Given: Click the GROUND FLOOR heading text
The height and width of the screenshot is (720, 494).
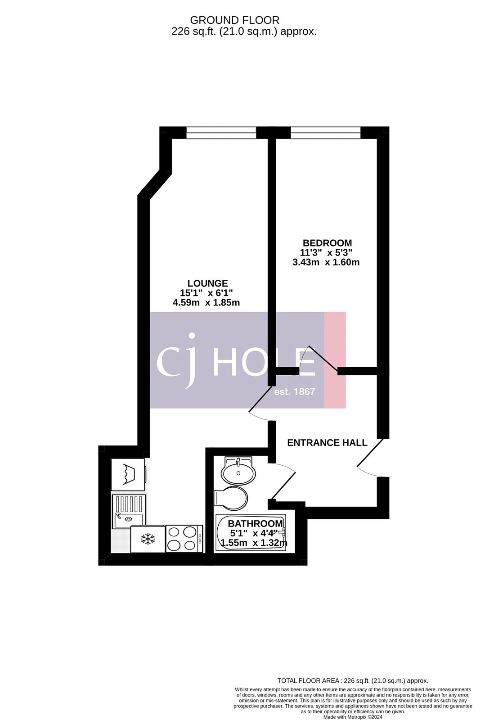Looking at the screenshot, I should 234,20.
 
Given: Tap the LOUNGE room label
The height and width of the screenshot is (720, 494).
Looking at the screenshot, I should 207,283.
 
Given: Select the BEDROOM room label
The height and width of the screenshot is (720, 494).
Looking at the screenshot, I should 327,243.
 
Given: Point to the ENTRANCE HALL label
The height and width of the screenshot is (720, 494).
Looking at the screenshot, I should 327,443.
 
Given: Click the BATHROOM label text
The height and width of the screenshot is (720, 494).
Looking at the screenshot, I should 255,524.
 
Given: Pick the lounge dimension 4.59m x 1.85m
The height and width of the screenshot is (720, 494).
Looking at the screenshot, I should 206,303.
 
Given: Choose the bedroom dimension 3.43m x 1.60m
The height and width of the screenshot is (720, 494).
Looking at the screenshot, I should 326,262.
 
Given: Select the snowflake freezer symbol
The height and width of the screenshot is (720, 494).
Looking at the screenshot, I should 148,539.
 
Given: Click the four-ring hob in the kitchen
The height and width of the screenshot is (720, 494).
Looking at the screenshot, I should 184,539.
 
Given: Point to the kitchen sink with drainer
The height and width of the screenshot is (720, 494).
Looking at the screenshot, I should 129,511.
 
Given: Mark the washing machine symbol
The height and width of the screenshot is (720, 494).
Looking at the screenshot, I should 128,474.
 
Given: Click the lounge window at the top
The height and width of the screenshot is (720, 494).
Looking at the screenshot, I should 221,132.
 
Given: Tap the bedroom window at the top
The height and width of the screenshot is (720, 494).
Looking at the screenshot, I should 325,132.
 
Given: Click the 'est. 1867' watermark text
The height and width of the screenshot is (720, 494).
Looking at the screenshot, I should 295,392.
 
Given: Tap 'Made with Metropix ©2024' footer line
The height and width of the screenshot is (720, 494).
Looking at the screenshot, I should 352,717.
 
